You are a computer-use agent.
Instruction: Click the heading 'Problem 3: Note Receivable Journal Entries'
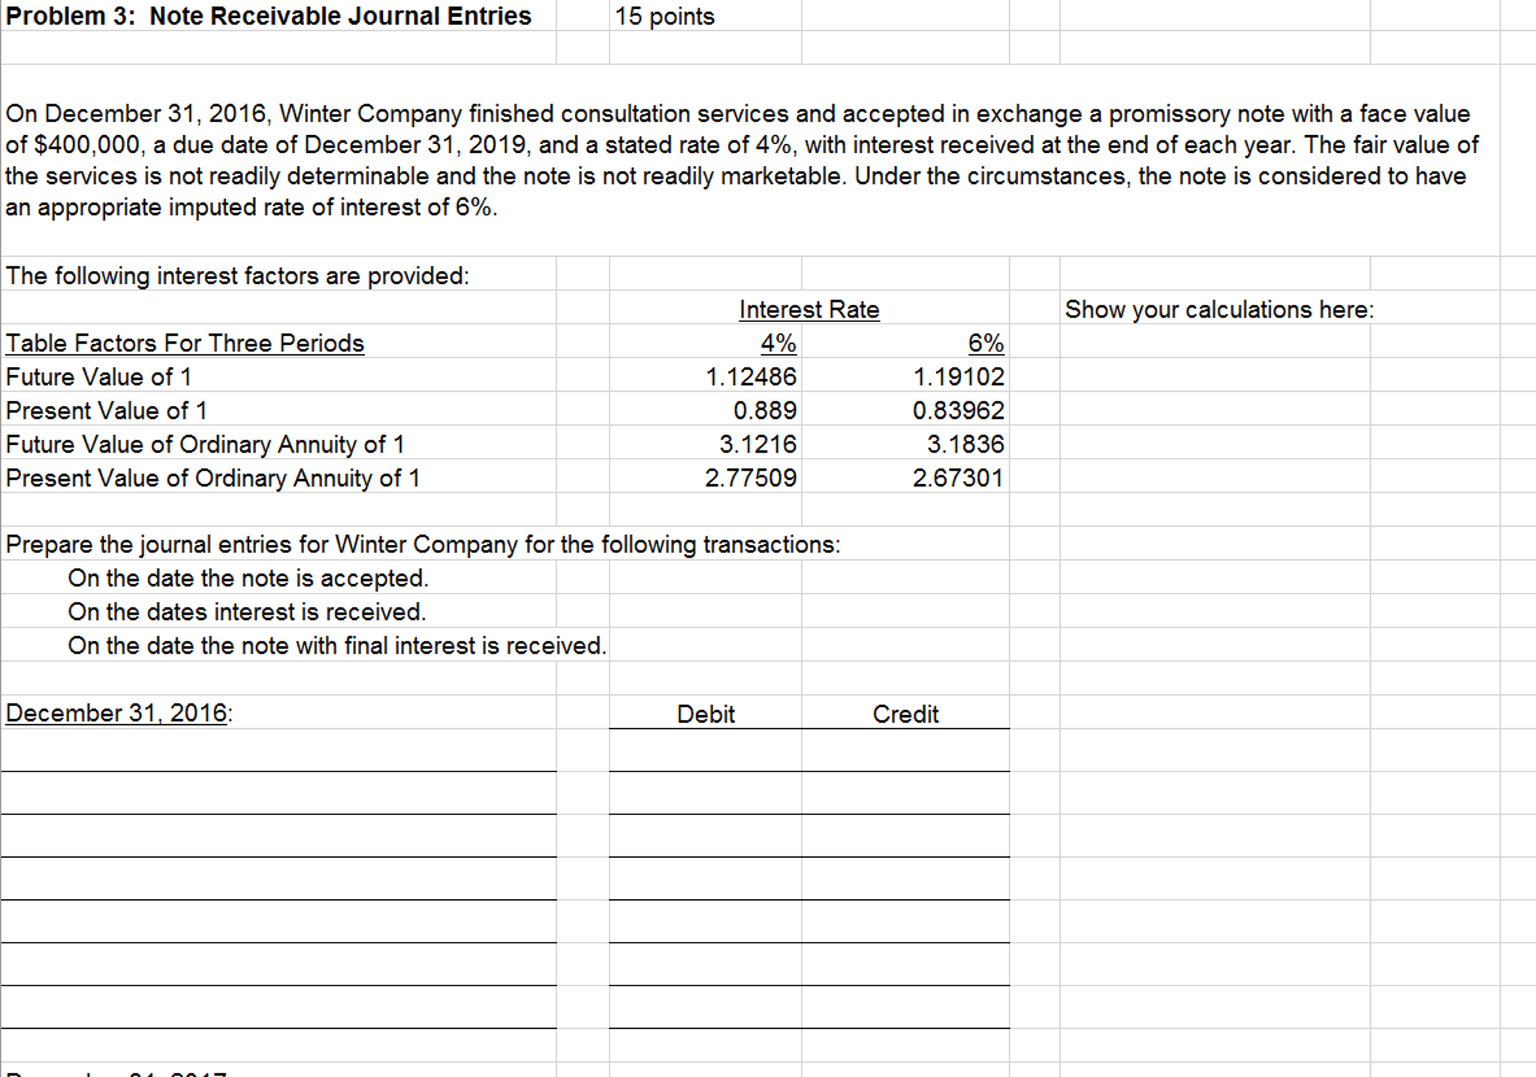point(268,16)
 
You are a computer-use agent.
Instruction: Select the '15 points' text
point(664,17)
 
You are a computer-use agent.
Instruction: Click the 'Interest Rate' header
point(809,309)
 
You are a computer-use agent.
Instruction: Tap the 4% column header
point(778,343)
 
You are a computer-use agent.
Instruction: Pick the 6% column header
point(985,343)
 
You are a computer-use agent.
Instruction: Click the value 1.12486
point(751,377)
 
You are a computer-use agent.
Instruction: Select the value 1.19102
point(958,377)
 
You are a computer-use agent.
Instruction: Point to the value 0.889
point(764,411)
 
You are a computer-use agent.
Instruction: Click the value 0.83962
point(958,411)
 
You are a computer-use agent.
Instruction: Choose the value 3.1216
point(757,444)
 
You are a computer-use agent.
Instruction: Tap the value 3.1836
point(965,444)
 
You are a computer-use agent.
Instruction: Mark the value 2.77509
point(751,478)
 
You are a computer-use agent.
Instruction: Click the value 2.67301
point(958,478)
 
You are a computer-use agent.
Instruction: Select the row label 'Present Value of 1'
point(106,411)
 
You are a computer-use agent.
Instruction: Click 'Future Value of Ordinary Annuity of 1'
point(205,444)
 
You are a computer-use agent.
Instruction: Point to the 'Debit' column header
point(706,714)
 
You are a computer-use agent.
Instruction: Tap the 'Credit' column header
point(905,714)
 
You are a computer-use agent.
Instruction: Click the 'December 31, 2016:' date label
point(119,713)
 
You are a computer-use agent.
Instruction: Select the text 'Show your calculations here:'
point(1219,309)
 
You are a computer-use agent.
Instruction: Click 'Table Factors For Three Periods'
point(185,343)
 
